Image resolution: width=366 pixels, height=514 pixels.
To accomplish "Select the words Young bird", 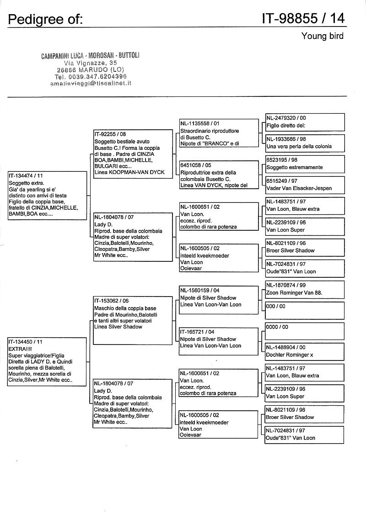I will coord(322,36).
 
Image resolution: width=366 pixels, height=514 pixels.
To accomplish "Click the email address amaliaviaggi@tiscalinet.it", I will coord(91,83).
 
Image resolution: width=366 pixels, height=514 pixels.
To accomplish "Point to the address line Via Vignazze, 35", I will coord(91,63).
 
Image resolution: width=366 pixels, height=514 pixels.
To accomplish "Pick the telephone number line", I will coord(91,76).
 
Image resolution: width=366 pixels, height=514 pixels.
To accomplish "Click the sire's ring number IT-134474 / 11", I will coord(26,175).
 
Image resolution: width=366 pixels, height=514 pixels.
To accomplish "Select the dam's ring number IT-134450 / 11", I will coord(26,341).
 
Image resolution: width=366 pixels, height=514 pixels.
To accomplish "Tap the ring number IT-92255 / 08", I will coord(110,134).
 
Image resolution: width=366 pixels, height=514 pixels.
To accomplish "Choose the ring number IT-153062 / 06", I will coord(112,301).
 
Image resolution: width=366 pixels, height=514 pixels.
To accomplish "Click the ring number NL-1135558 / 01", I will coord(199,123).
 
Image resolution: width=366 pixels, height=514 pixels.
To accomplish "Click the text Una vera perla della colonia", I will coord(298,147).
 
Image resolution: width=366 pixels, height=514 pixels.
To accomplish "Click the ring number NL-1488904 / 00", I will coord(286,348).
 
